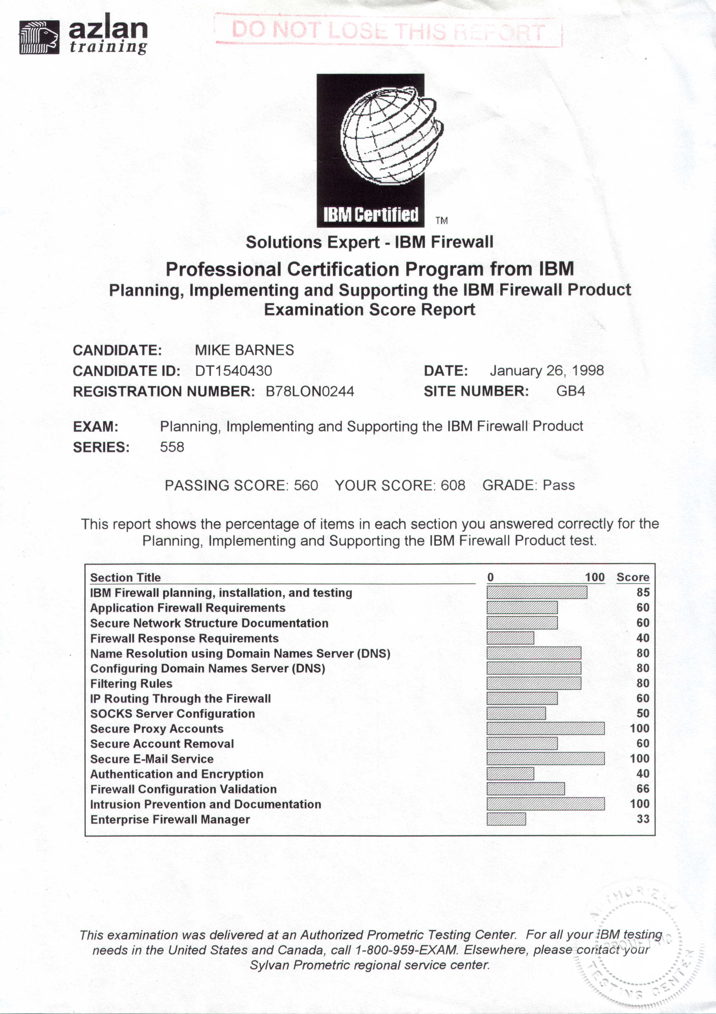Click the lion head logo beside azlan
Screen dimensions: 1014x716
coord(39,37)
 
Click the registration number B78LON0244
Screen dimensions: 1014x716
coord(310,391)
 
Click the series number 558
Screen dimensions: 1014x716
coord(172,447)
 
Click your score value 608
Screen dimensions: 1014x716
coord(453,485)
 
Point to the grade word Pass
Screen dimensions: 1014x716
coord(558,485)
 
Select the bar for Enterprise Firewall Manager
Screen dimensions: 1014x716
coord(506,819)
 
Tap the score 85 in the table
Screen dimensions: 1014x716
coord(643,592)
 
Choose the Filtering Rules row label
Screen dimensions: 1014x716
coord(131,684)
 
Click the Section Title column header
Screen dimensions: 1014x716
coord(125,578)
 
